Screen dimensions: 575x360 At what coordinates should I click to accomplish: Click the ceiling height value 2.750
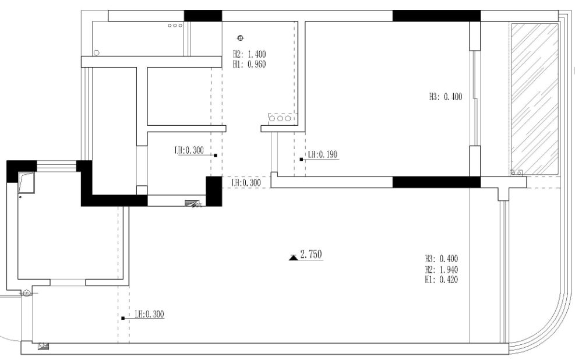tap(311, 254)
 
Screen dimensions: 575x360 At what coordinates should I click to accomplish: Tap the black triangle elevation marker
tap(294, 257)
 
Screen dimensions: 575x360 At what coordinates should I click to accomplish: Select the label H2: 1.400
tap(249, 54)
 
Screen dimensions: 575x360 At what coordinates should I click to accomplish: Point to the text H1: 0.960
tap(249, 65)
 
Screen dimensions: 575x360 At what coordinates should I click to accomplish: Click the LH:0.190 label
tap(323, 154)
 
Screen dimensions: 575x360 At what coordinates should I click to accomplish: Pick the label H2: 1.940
tap(442, 270)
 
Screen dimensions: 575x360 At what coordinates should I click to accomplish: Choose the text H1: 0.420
tap(442, 280)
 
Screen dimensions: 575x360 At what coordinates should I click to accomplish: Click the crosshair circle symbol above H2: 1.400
tap(241, 38)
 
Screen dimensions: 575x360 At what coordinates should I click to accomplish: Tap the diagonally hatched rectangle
tap(535, 99)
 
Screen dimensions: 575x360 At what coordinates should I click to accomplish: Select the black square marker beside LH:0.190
tap(301, 160)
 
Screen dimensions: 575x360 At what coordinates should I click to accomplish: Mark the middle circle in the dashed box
tap(280, 118)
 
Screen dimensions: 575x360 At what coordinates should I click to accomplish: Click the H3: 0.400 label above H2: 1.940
tap(442, 259)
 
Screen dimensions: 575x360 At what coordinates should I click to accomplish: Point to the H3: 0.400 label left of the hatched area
tap(446, 97)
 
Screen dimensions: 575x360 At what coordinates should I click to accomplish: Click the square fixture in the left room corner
tap(27, 182)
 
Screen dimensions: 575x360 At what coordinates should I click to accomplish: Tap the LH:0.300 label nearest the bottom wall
tap(149, 314)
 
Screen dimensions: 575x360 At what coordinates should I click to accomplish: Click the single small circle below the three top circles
tap(97, 53)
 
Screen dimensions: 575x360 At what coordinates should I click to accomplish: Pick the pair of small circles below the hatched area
tap(516, 172)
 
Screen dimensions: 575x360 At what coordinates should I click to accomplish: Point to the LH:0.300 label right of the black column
tap(246, 182)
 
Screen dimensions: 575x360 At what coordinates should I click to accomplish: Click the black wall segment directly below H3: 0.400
tap(436, 182)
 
